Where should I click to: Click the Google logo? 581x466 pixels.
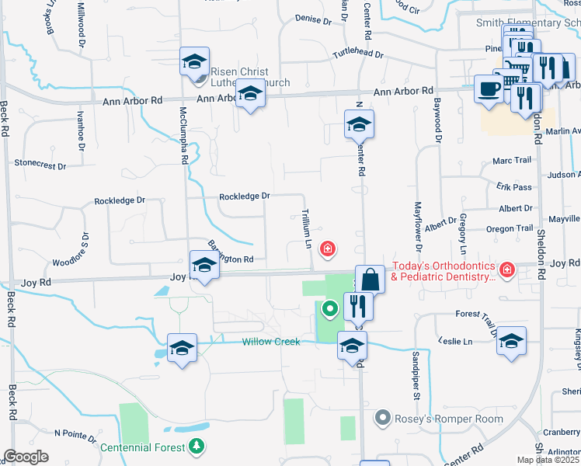tap(26, 457)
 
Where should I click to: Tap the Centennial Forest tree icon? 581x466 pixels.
tap(197, 447)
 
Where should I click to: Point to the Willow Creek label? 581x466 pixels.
tap(270, 342)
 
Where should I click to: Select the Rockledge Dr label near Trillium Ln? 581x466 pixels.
tap(244, 196)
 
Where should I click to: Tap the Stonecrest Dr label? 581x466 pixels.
tap(40, 165)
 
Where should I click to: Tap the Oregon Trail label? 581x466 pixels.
tap(510, 229)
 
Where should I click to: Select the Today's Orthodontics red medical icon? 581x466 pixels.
tap(506, 270)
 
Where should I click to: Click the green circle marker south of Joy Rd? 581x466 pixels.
tap(330, 310)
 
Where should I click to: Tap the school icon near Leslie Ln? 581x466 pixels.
tap(511, 341)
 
